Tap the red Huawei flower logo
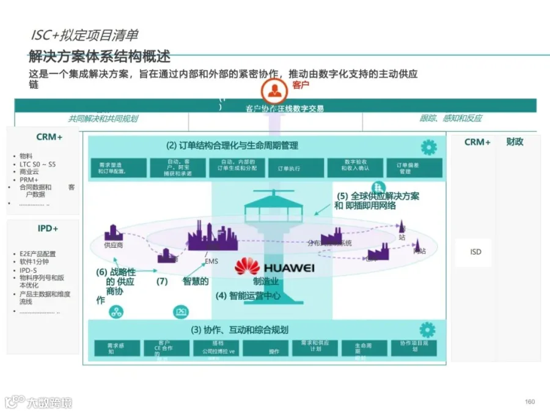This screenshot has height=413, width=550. (248, 267)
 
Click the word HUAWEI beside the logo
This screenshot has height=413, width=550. (288, 268)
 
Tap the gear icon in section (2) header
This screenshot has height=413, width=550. (429, 147)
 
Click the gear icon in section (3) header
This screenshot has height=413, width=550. (428, 329)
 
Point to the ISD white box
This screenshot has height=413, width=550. (475, 252)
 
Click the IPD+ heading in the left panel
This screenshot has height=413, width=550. (48, 229)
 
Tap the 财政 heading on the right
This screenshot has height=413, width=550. (515, 142)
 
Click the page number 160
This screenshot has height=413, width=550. (530, 401)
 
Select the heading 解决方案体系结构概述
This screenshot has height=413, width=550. (100, 57)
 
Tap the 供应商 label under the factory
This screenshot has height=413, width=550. (113, 245)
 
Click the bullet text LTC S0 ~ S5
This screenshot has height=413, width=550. (38, 164)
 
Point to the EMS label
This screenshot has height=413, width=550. (211, 262)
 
